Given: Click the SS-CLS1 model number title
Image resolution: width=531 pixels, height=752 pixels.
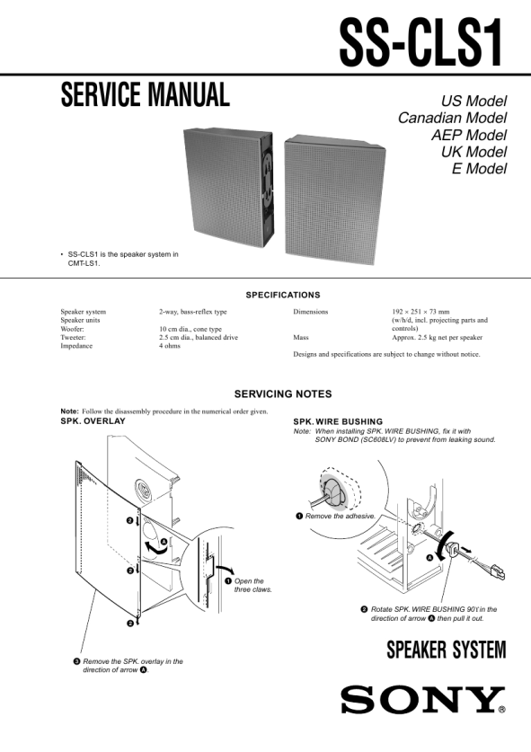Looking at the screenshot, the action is [421, 43].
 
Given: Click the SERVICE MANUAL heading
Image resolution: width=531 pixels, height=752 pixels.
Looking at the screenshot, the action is [146, 94].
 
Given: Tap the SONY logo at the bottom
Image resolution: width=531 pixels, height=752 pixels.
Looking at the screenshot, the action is [423, 700].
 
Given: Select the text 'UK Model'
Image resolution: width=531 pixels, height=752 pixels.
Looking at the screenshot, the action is [473, 152].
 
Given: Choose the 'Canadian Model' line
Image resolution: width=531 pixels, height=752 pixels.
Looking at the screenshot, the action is [452, 118].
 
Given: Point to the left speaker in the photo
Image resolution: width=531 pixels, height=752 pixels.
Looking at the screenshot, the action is [228, 186].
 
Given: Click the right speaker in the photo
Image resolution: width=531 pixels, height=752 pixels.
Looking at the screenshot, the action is [335, 199].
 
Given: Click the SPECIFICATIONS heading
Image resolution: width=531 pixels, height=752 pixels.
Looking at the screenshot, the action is [283, 295].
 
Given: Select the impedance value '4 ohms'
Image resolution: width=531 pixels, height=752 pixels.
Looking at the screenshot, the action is [170, 346].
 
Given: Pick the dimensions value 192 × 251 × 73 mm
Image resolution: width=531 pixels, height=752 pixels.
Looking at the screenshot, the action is [420, 311].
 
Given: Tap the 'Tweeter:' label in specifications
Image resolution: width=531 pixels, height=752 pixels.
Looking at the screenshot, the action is [73, 337].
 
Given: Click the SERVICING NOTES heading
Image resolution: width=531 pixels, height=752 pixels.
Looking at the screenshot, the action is [283, 394].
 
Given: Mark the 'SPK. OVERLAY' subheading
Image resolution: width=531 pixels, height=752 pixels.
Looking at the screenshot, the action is [93, 421].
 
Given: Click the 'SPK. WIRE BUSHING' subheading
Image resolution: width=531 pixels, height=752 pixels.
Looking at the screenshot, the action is [338, 422].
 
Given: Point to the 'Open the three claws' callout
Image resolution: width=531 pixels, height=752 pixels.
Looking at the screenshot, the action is [249, 585].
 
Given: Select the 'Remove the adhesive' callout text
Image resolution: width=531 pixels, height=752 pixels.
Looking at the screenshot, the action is [336, 516].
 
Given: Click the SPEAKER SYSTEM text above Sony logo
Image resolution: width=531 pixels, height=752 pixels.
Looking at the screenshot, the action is [447, 650].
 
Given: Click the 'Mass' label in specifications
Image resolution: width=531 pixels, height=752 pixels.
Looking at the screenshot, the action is [301, 337].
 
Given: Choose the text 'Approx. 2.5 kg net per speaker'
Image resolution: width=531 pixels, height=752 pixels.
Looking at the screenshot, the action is [437, 337].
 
